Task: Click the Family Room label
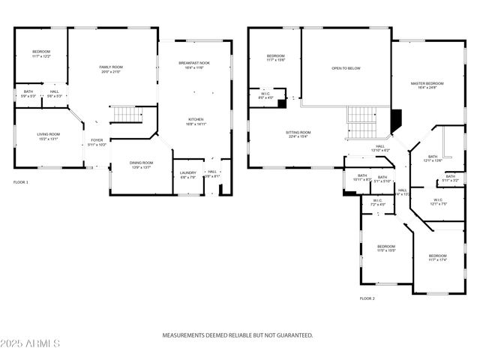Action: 111,69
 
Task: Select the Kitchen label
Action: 195,121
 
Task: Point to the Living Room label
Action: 49,136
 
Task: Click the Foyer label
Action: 97,142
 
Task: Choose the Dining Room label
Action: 142,165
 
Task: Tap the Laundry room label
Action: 187,175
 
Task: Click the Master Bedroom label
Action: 427,85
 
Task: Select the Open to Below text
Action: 346,68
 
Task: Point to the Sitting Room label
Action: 298,134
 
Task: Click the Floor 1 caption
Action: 21,182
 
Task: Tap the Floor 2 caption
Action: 367,298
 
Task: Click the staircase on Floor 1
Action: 127,115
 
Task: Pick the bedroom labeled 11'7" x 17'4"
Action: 437,258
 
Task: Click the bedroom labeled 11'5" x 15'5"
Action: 385,248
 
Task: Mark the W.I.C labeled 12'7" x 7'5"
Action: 439,202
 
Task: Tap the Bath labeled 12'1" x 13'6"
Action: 433,158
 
